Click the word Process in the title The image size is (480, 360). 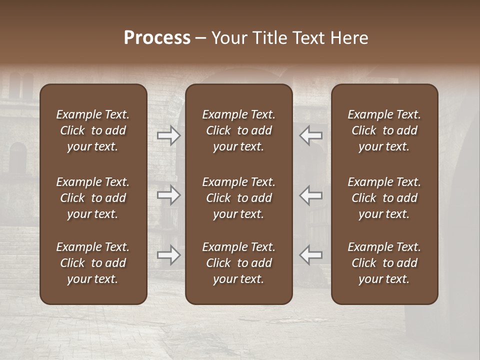tap(157, 38)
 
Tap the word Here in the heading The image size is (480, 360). tap(349, 38)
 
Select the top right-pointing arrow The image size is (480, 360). tap(168, 135)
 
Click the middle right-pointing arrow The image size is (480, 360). tap(168, 195)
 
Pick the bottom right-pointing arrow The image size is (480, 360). tap(168, 255)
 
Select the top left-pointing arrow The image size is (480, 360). tap(311, 135)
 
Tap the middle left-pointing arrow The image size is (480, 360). tap(311, 195)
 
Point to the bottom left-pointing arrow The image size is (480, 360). tap(311, 255)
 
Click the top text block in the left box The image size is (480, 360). tap(93, 130)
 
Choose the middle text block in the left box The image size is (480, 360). tap(93, 198)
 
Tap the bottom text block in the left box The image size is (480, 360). tap(93, 263)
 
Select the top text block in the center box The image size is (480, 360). tap(239, 130)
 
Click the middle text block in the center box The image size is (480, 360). tap(239, 198)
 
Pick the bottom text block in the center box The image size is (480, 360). tap(239, 263)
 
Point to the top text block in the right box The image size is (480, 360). tap(384, 130)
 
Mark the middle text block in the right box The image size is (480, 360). tap(384, 198)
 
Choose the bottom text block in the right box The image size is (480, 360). tap(384, 263)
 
